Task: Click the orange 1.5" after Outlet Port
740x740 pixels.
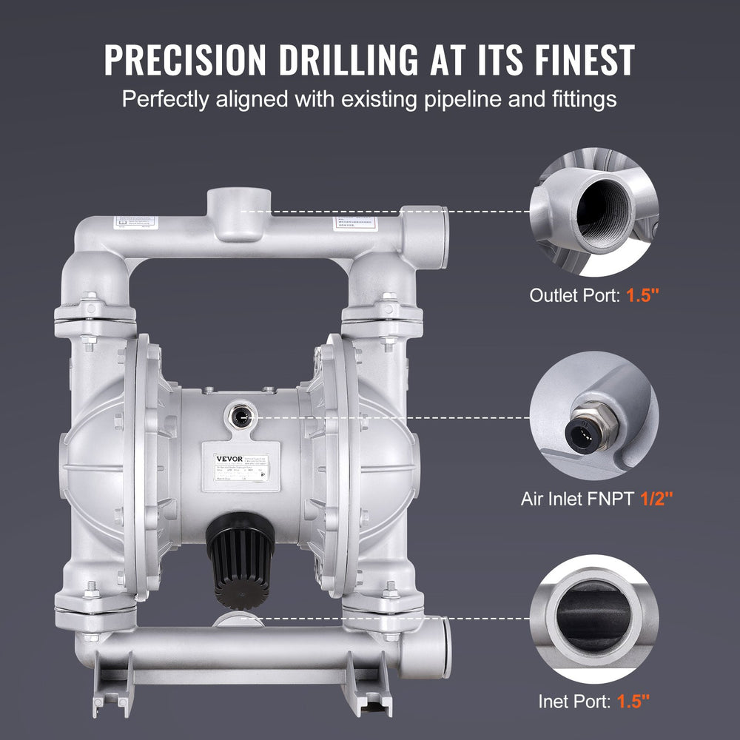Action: [x=642, y=295]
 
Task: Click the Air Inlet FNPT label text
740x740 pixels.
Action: [x=576, y=499]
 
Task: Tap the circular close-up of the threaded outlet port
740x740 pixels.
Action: [x=594, y=210]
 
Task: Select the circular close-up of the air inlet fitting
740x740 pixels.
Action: [x=594, y=414]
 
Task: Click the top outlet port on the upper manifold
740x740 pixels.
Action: [x=238, y=200]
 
